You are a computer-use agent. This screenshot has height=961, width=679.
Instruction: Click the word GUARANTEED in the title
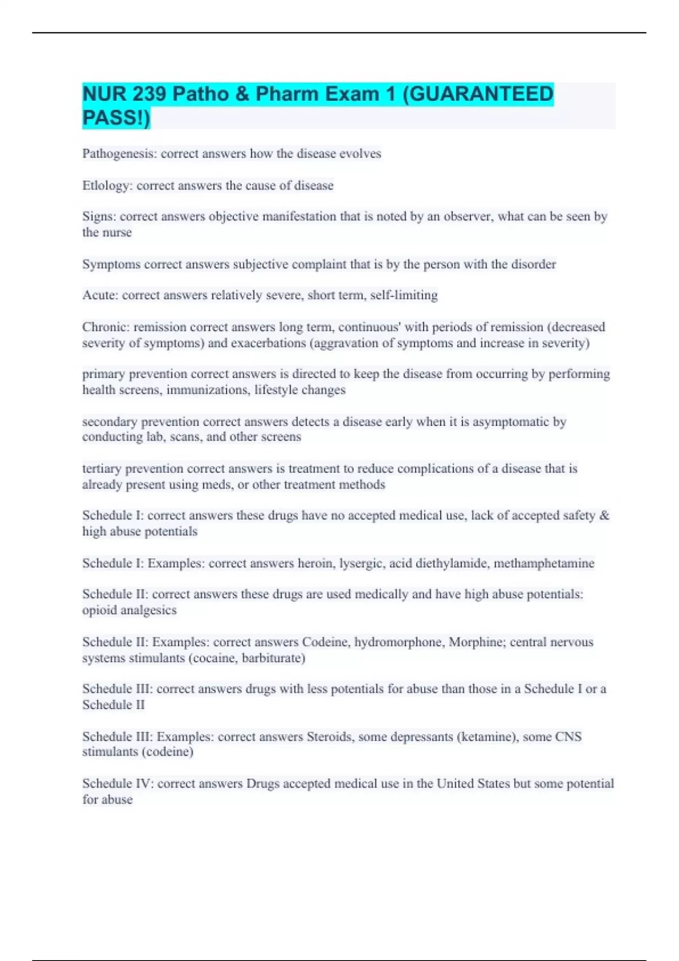pos(481,94)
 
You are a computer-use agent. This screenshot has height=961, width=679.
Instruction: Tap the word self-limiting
pos(403,295)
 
